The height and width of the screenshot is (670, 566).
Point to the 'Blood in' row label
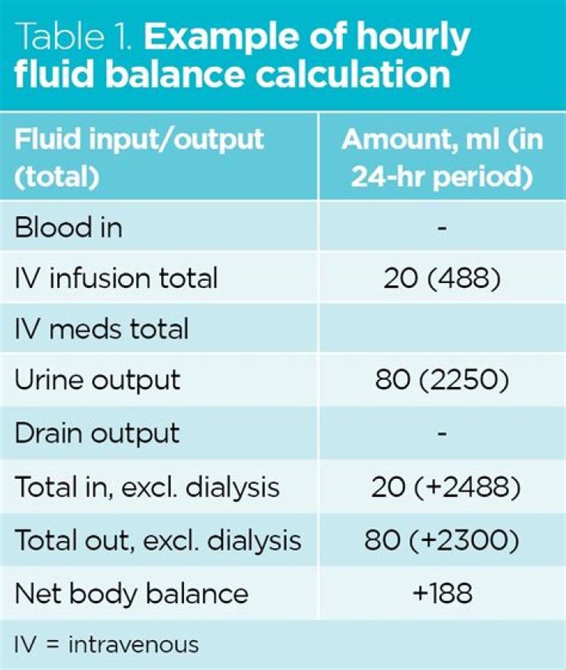click(x=68, y=227)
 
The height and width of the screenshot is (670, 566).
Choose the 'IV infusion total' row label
click(x=116, y=278)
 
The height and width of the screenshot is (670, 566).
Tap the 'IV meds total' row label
click(x=101, y=328)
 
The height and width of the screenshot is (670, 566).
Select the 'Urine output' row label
click(x=97, y=380)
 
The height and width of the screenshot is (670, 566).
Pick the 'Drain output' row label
click(x=97, y=432)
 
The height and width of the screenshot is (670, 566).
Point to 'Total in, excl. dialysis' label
click(x=147, y=487)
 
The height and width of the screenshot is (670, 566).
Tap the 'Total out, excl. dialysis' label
click(x=158, y=539)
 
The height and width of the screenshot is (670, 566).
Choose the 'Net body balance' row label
click(x=130, y=592)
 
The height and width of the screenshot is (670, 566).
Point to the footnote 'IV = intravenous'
click(x=106, y=644)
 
